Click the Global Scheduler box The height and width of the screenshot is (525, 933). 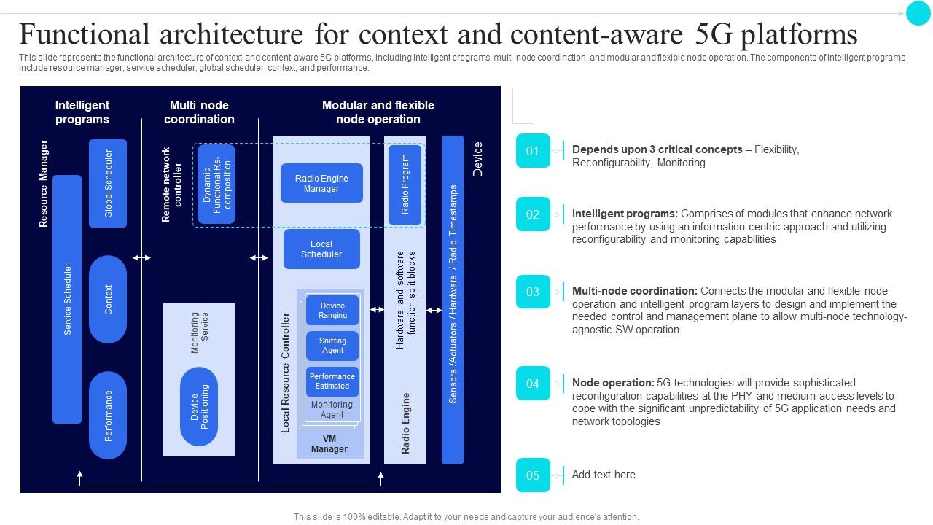tap(108, 183)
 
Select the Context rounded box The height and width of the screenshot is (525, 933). tap(108, 299)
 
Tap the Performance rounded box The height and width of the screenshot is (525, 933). tap(108, 415)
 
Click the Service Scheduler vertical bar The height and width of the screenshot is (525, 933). tap(67, 299)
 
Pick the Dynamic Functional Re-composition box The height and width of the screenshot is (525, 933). tap(216, 184)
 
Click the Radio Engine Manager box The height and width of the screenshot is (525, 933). tap(321, 183)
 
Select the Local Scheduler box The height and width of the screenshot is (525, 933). tap(321, 249)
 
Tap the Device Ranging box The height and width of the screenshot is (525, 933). tap(332, 310)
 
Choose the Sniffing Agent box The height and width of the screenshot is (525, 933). tap(332, 346)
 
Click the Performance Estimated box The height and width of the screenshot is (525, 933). tap(332, 381)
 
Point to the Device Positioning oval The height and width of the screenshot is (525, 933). tap(199, 406)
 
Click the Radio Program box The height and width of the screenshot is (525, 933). tap(405, 184)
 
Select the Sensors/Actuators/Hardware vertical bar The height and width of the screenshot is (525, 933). tap(453, 299)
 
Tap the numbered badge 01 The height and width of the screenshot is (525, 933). tap(533, 151)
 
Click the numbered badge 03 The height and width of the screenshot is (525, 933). tap(533, 292)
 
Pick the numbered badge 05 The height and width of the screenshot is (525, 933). tap(533, 475)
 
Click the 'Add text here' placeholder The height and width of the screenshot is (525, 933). tap(604, 475)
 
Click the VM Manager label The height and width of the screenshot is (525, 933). tap(329, 444)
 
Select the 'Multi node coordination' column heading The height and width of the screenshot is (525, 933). tap(199, 112)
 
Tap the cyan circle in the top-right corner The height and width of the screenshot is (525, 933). tap(918, 13)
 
